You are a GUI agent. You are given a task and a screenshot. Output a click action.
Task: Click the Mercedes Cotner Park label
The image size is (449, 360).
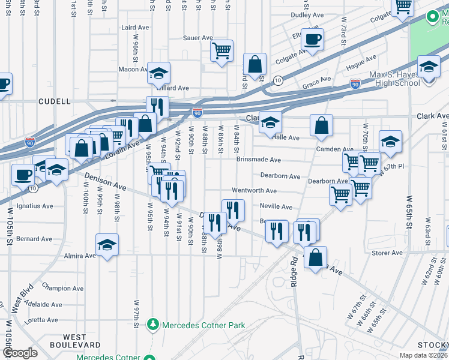[x=205, y=325]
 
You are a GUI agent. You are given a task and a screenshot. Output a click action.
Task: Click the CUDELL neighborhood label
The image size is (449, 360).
[x=55, y=101]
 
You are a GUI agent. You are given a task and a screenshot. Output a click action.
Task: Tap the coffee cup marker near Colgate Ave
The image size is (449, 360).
[x=312, y=41]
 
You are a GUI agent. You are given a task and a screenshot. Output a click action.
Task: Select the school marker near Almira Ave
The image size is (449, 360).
[x=107, y=245]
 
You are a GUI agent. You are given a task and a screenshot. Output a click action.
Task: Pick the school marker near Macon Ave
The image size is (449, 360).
[x=158, y=74]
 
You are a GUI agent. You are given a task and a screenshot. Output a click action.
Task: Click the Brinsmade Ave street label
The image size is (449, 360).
[x=259, y=160]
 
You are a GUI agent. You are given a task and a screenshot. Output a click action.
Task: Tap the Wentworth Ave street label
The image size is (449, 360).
[x=254, y=191]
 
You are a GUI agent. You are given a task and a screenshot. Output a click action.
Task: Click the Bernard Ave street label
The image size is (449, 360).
[x=35, y=239]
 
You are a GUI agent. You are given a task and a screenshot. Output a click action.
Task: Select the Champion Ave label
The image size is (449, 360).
[x=62, y=289]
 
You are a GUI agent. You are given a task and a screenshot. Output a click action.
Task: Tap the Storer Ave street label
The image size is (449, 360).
[x=387, y=253]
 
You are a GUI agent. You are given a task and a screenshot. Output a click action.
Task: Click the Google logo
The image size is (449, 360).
[x=20, y=353]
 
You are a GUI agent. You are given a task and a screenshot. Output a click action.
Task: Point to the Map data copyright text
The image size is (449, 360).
[x=423, y=355]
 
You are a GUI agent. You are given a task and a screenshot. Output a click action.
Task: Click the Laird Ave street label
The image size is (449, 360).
[x=134, y=28]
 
